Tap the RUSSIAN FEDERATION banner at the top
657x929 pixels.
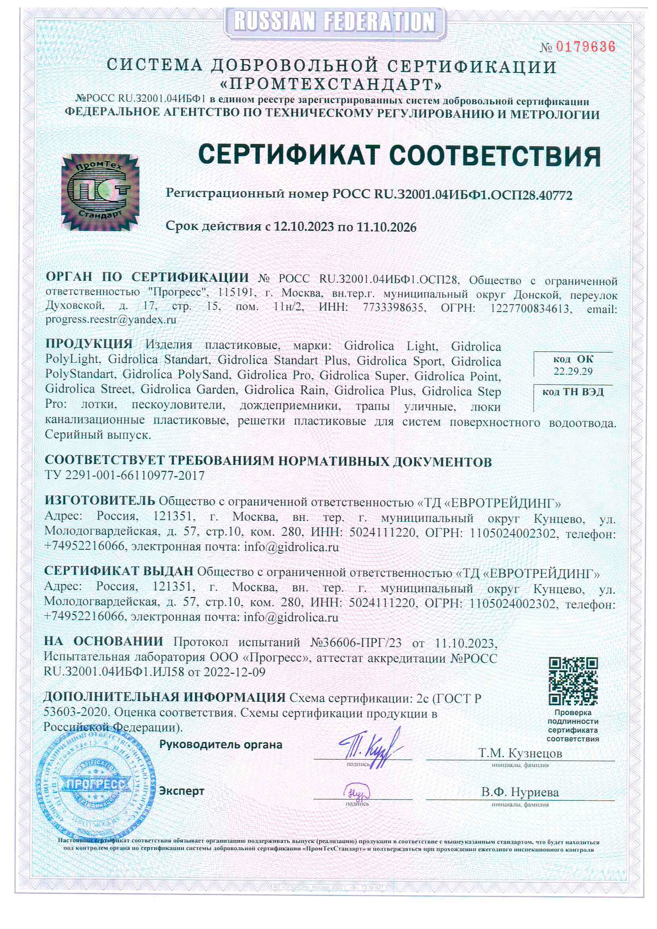click(334, 21)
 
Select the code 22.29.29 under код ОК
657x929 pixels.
click(573, 372)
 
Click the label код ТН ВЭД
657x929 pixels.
click(573, 392)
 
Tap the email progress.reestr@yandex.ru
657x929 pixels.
click(111, 319)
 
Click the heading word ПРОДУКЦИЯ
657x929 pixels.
click(89, 344)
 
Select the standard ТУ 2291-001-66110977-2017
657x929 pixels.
click(125, 475)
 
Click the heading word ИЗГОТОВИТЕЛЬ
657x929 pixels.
click(100, 501)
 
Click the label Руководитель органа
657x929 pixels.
click(221, 745)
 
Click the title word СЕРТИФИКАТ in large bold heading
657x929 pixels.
click(290, 155)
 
